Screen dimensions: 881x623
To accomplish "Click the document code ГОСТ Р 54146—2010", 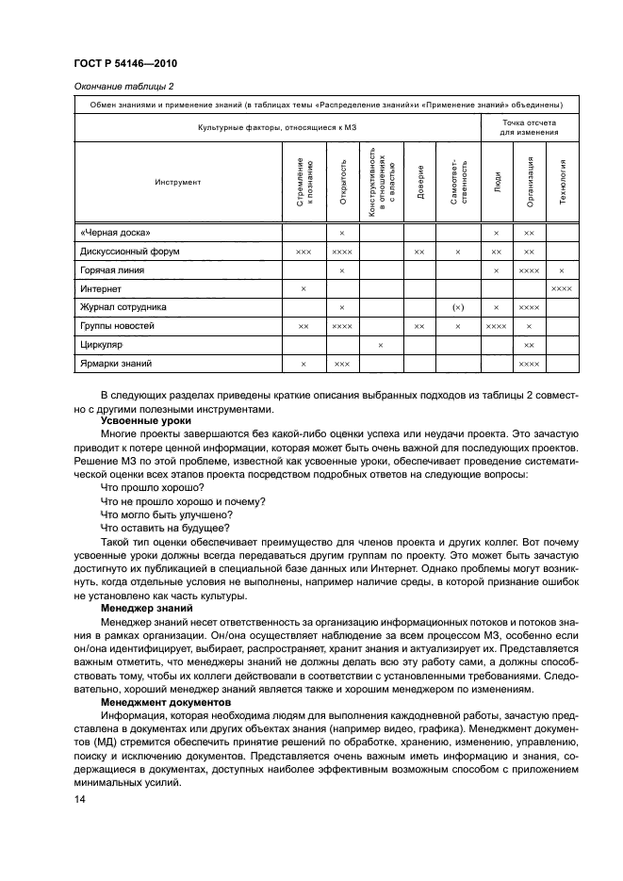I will tap(125, 63).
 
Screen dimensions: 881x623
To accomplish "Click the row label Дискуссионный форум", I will tap(130, 252).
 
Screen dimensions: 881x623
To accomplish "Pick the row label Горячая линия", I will tap(112, 269).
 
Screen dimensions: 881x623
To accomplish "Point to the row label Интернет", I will tap(100, 288).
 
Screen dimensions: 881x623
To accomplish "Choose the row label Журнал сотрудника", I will tap(123, 307).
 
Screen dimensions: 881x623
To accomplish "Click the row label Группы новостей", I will tap(117, 325).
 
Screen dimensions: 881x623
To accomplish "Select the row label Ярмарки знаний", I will tap(116, 363).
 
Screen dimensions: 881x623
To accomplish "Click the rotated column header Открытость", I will tap(342, 182).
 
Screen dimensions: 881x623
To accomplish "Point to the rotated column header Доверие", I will tap(419, 182).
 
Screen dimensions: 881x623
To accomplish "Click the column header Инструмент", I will tap(178, 182).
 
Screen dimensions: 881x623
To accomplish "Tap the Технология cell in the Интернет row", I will tap(562, 288).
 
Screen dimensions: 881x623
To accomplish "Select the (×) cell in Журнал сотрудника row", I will tap(458, 307).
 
